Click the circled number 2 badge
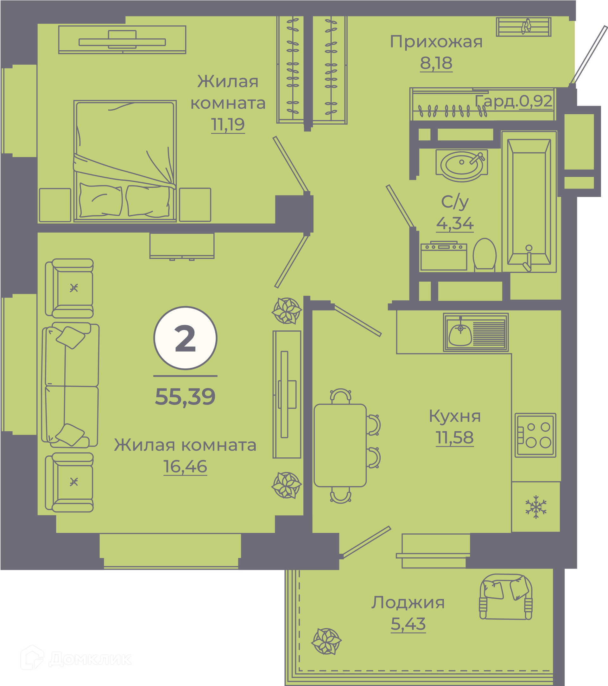click(185, 338)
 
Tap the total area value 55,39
click(185, 397)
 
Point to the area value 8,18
click(436, 63)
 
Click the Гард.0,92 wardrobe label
click(514, 101)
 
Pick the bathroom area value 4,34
click(455, 223)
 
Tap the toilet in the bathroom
click(484, 254)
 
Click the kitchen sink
click(476, 332)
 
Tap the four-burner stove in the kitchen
click(535, 435)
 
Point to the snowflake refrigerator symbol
click(536, 507)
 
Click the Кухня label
click(455, 416)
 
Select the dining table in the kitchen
click(340, 445)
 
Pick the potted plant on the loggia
click(326, 641)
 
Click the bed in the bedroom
click(125, 161)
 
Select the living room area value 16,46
click(185, 467)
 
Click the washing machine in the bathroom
click(444, 256)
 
